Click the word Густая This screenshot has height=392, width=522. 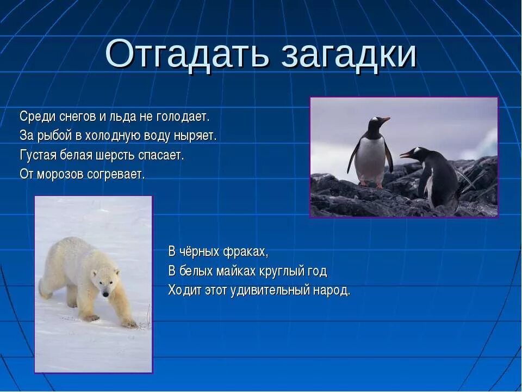(37, 155)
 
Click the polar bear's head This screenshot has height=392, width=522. (107, 281)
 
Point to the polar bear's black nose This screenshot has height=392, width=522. (105, 293)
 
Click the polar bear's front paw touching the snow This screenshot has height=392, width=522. (129, 323)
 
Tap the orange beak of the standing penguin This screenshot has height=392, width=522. (384, 119)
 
